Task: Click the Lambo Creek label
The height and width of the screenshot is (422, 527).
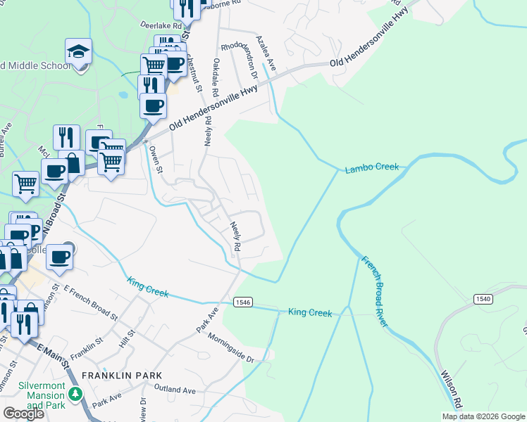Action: click(x=371, y=167)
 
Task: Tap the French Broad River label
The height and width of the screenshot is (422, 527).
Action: click(x=374, y=291)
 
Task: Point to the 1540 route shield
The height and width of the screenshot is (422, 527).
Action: click(x=483, y=299)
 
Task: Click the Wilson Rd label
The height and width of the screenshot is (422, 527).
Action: click(x=451, y=391)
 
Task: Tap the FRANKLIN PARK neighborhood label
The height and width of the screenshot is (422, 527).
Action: click(x=122, y=376)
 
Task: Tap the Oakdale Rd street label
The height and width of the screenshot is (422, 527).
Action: click(x=216, y=77)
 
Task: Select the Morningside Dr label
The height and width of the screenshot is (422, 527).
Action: click(x=231, y=347)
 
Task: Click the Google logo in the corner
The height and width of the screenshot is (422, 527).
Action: click(x=23, y=414)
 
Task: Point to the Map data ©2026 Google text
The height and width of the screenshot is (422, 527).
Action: click(x=483, y=416)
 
